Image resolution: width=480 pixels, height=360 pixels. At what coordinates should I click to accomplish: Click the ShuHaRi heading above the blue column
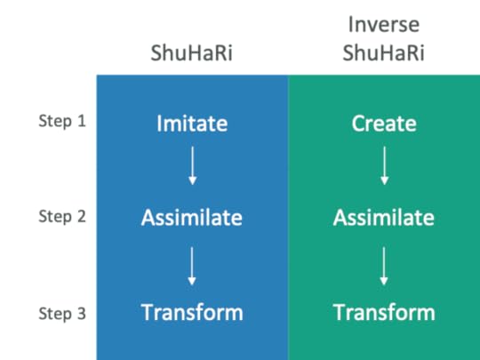click(192, 53)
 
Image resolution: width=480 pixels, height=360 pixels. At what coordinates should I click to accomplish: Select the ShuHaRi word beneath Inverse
click(384, 53)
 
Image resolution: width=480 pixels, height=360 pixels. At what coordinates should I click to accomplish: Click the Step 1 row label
click(62, 120)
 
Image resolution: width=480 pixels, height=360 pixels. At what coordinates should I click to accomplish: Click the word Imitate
click(192, 123)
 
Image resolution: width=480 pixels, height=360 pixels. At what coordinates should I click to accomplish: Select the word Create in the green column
click(384, 123)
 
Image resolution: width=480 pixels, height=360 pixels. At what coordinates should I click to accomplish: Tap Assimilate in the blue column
click(192, 217)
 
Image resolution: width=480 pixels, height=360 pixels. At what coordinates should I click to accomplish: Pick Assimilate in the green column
click(384, 217)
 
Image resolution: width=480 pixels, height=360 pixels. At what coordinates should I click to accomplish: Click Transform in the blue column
click(192, 312)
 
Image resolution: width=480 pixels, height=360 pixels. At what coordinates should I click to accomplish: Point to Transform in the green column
click(384, 312)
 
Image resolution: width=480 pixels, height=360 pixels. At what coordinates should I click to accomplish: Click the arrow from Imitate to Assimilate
click(192, 166)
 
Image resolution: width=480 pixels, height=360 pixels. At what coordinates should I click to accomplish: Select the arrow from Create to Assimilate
click(384, 166)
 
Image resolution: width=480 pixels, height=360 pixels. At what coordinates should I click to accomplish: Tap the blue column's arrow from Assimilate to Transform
click(192, 264)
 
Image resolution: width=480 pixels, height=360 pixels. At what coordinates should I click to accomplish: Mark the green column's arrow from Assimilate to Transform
click(384, 264)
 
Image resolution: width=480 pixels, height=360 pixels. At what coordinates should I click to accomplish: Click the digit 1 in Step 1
click(82, 120)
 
